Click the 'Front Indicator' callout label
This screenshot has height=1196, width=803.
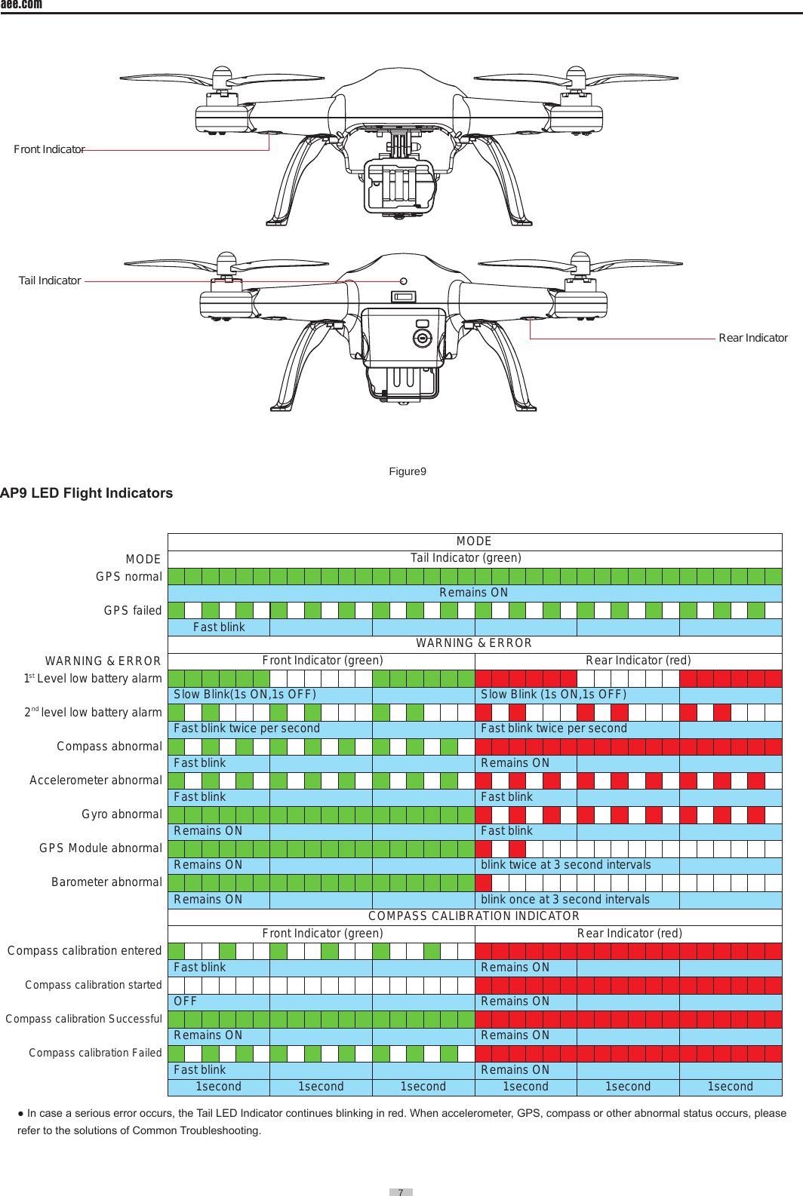[49, 149]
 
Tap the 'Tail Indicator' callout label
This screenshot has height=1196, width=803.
[50, 281]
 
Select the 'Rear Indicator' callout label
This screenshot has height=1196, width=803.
[752, 338]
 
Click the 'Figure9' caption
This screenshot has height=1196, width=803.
[408, 471]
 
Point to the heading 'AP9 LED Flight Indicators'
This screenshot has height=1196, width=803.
[87, 493]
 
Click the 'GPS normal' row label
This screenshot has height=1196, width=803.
[128, 577]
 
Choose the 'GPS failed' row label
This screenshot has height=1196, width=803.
[132, 611]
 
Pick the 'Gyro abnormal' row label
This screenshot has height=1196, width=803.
[122, 814]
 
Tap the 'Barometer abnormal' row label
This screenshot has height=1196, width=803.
[106, 882]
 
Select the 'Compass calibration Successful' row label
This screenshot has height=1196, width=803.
[84, 1019]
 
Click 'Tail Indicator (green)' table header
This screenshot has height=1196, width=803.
[466, 558]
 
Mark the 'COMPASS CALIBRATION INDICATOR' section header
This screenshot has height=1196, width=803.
[474, 916]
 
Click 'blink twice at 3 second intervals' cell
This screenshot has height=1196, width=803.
[565, 865]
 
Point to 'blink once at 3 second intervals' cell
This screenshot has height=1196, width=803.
[565, 900]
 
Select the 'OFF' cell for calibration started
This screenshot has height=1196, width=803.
[185, 1001]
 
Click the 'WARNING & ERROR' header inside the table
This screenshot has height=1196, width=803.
[474, 643]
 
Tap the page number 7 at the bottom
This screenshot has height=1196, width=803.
[401, 1192]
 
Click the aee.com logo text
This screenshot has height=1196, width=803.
[21, 5]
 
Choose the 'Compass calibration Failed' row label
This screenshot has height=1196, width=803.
[95, 1053]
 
